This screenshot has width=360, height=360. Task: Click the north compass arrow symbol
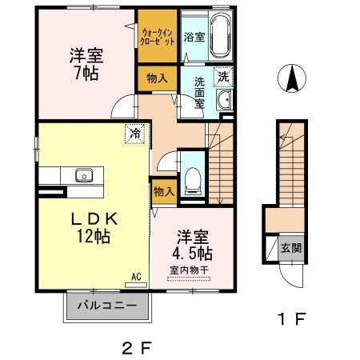click(x=293, y=79)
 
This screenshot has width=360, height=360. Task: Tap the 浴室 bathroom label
click(x=194, y=38)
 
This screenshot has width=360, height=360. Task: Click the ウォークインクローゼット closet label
click(x=157, y=36)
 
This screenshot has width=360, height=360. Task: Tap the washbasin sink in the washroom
click(x=224, y=100)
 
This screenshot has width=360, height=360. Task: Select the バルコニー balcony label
click(x=106, y=306)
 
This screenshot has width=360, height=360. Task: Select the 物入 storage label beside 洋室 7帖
click(x=157, y=78)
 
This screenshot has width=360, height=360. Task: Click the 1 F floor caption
click(x=292, y=319)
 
